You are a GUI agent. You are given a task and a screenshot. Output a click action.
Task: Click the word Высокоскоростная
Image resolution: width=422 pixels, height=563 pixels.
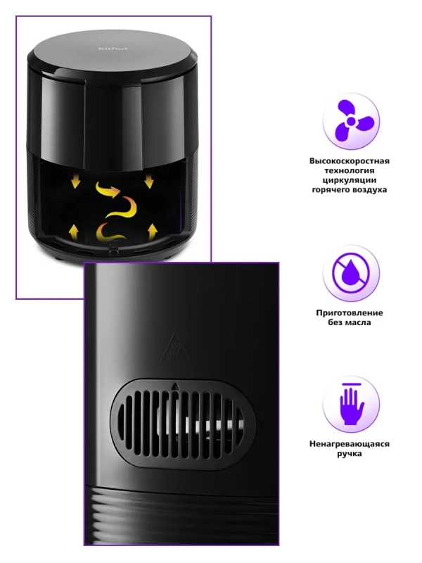(349, 161)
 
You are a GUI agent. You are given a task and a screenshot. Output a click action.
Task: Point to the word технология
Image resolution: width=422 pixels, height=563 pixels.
(349, 170)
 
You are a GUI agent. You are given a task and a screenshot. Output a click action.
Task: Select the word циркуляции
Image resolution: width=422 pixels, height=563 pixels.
(349, 180)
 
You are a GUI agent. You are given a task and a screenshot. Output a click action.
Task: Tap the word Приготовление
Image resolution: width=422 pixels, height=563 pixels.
(349, 312)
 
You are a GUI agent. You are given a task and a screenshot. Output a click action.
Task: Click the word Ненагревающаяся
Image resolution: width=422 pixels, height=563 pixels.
(349, 444)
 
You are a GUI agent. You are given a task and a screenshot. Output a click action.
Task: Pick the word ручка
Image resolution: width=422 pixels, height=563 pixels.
(349, 454)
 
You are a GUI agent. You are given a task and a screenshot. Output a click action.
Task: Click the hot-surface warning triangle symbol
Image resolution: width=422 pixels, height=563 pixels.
(174, 346)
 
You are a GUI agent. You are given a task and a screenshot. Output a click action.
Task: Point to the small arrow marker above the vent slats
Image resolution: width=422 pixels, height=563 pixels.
(175, 386)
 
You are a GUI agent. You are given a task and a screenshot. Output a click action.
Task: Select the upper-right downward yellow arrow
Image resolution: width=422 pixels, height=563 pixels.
(149, 182)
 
